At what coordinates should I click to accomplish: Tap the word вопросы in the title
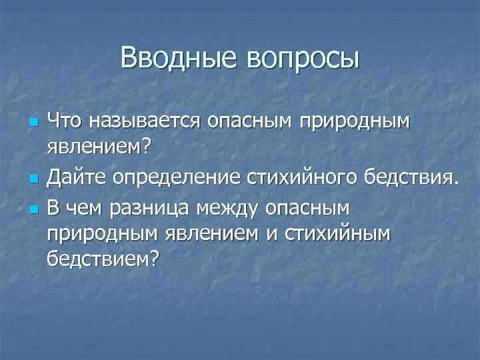coord(302,59)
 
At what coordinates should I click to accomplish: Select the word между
coord(228,209)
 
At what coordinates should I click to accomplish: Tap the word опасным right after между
coord(307,209)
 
